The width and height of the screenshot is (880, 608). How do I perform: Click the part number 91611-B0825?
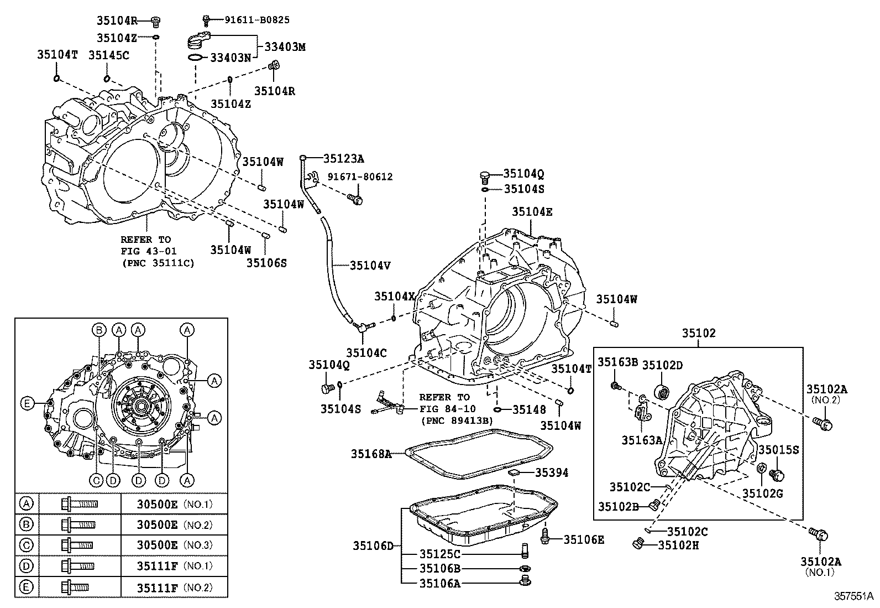tap(257, 20)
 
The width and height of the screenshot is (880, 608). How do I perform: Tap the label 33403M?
tap(285, 47)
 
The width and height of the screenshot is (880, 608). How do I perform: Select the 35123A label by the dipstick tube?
tap(344, 158)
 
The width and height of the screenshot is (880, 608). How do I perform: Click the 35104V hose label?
tap(370, 266)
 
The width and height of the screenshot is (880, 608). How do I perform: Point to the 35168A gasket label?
tap(371, 454)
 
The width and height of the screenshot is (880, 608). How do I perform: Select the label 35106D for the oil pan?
tap(373, 546)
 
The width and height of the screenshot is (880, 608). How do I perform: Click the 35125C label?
tap(440, 554)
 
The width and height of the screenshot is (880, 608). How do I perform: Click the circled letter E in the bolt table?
tap(27, 587)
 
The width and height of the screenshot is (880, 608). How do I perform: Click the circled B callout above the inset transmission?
tap(99, 330)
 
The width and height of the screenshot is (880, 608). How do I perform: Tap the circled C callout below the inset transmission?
tap(96, 480)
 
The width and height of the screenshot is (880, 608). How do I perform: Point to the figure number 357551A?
tap(853, 596)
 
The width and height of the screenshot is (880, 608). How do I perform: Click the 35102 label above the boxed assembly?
tap(699, 333)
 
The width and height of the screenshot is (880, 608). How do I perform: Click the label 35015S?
tap(779, 450)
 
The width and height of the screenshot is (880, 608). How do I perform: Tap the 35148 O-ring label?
tap(529, 410)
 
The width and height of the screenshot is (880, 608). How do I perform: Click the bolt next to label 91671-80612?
tap(355, 199)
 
